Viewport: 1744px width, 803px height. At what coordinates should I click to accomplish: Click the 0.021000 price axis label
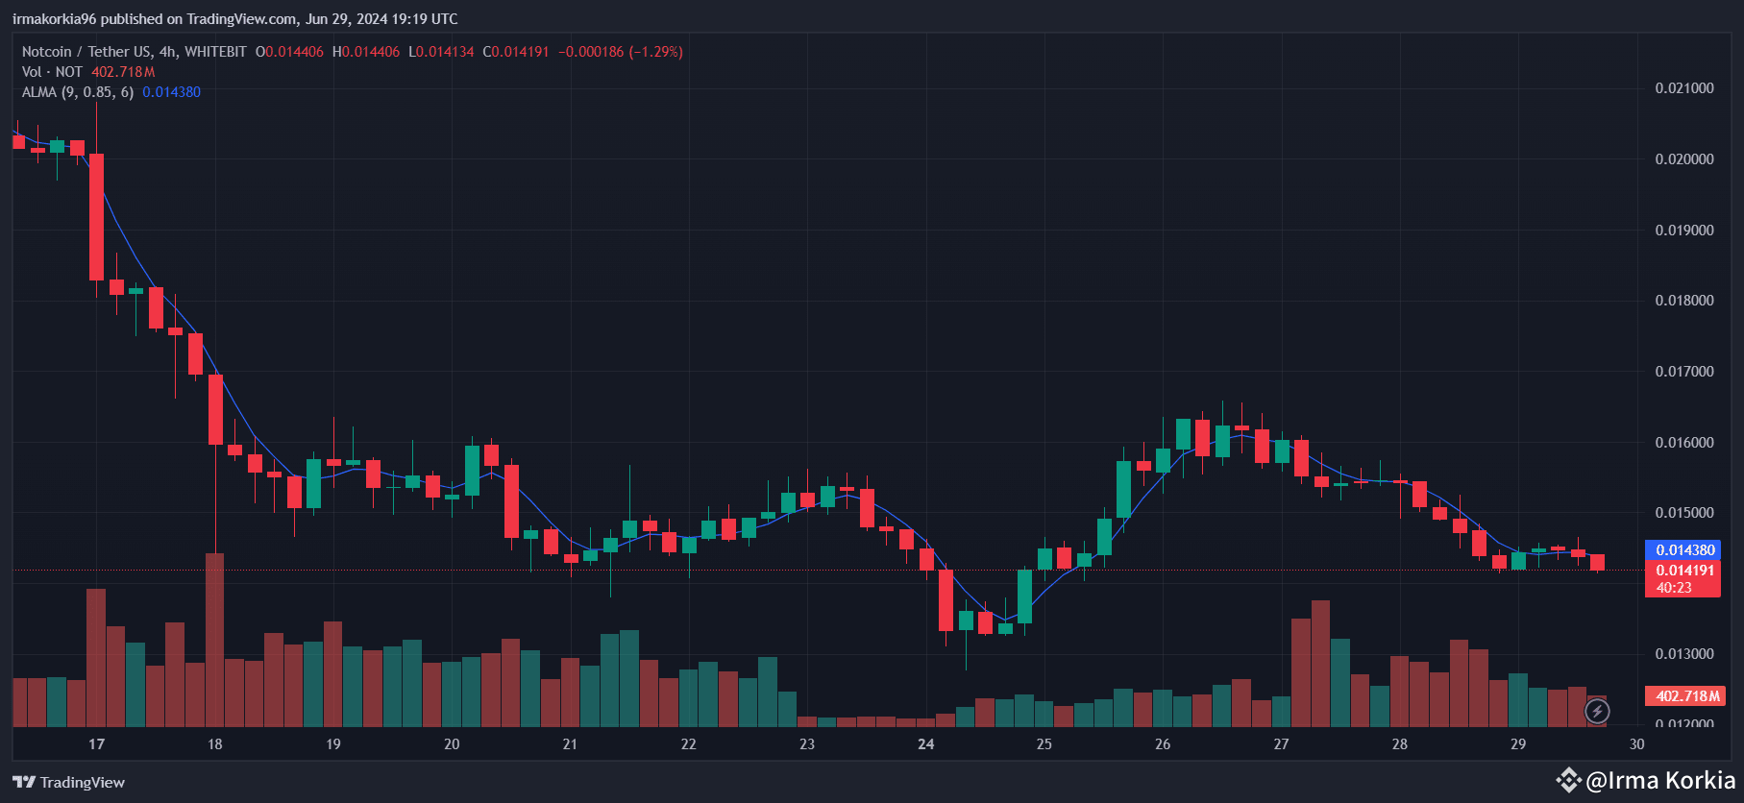pyautogui.click(x=1683, y=88)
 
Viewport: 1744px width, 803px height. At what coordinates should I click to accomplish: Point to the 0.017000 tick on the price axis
pyautogui.click(x=1683, y=372)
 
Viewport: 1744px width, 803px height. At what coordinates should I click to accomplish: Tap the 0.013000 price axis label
pyautogui.click(x=1683, y=654)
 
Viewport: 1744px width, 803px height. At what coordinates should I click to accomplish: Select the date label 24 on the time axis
pyautogui.click(x=925, y=744)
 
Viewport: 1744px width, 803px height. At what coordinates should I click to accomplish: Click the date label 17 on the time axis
pyautogui.click(x=96, y=744)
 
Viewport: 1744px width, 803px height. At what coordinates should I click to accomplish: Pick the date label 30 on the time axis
pyautogui.click(x=1636, y=744)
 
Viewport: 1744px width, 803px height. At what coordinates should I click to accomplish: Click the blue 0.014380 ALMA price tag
pyautogui.click(x=1684, y=550)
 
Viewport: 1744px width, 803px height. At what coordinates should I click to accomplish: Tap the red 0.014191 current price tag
pyautogui.click(x=1684, y=571)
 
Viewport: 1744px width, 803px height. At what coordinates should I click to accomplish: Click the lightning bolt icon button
pyautogui.click(x=1597, y=711)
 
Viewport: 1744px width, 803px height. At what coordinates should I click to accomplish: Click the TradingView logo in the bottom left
pyautogui.click(x=69, y=782)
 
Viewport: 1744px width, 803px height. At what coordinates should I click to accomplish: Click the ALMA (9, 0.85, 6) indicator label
pyautogui.click(x=78, y=92)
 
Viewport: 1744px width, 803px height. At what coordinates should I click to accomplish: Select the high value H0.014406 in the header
pyautogui.click(x=366, y=52)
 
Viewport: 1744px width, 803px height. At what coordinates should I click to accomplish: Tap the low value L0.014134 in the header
pyautogui.click(x=441, y=52)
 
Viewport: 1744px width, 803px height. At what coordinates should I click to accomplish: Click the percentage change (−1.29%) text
pyautogui.click(x=655, y=52)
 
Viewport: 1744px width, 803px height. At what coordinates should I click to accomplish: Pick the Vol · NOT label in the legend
pyautogui.click(x=52, y=72)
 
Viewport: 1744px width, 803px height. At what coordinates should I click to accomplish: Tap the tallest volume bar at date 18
pyautogui.click(x=215, y=639)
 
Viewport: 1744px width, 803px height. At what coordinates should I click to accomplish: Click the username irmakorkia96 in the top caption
pyautogui.click(x=55, y=19)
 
